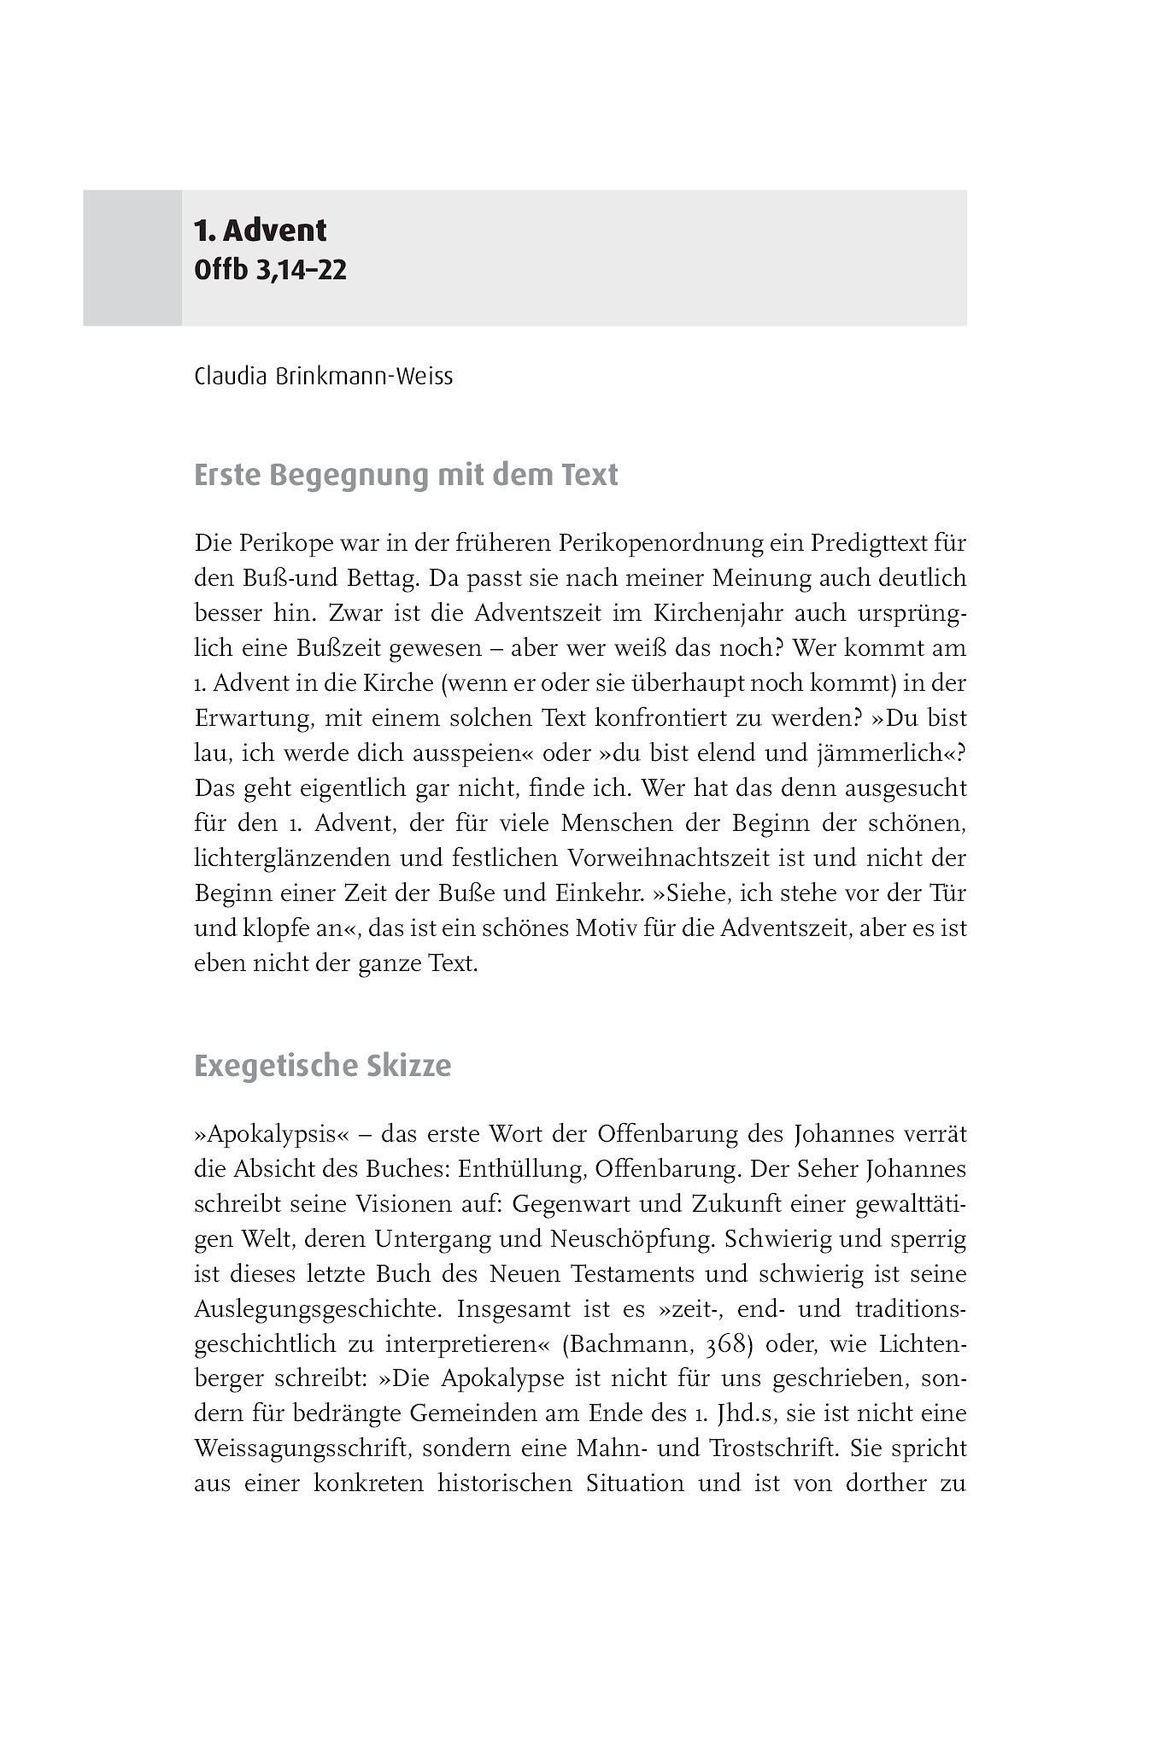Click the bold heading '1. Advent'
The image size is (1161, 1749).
[x=260, y=231]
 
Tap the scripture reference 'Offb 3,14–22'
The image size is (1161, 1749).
[x=270, y=271]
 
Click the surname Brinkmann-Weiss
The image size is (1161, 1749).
[x=361, y=377]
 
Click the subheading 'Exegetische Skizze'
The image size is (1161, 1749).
[x=322, y=1067]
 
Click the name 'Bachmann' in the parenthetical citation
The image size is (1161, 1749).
[x=631, y=1344]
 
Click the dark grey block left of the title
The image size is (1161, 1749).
[x=132, y=257]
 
